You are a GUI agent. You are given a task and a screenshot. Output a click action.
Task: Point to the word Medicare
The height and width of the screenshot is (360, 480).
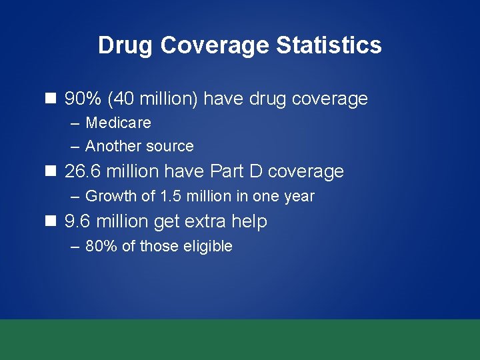pos(118,123)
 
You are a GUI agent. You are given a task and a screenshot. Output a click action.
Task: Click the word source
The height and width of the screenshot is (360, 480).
pos(169,146)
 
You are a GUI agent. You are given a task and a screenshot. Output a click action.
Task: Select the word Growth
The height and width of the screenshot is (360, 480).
pos(110,196)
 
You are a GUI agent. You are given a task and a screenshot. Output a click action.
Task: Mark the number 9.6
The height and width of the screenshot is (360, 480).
pos(77,221)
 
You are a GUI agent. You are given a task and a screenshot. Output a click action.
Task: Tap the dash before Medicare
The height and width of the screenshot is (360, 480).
pos(74,123)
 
